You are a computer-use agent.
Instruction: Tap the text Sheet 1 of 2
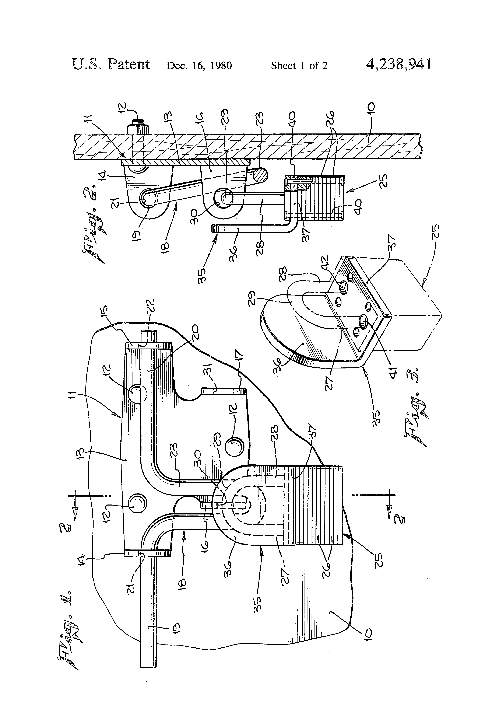(299, 65)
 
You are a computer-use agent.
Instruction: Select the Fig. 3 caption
(417, 414)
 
